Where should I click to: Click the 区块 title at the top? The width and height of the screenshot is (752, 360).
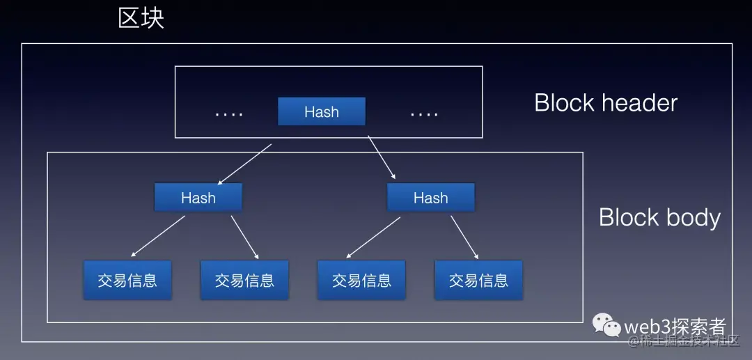click(x=141, y=17)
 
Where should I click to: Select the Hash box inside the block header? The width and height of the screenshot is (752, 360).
click(x=321, y=111)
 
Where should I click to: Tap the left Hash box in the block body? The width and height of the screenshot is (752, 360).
click(x=198, y=198)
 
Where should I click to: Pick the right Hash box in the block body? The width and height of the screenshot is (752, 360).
click(x=430, y=198)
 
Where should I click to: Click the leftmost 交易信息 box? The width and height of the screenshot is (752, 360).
click(x=127, y=280)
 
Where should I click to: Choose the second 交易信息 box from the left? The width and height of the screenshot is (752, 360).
click(x=244, y=280)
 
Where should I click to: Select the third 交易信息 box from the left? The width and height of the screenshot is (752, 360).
click(x=361, y=280)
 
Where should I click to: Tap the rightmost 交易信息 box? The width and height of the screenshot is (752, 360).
click(x=478, y=280)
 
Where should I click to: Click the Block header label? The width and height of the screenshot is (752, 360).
click(x=606, y=103)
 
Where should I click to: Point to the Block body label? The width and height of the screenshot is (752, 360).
click(x=659, y=217)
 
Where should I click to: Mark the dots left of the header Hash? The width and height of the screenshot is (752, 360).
click(x=229, y=114)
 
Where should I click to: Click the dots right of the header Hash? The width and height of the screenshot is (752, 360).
click(x=424, y=114)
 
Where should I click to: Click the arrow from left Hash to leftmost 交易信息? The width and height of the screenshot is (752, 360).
click(x=158, y=236)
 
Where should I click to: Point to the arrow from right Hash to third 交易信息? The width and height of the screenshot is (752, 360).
click(x=373, y=237)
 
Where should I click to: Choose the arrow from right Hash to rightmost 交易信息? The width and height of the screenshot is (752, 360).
click(x=464, y=237)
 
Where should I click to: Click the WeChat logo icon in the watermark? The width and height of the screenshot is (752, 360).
click(x=606, y=324)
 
